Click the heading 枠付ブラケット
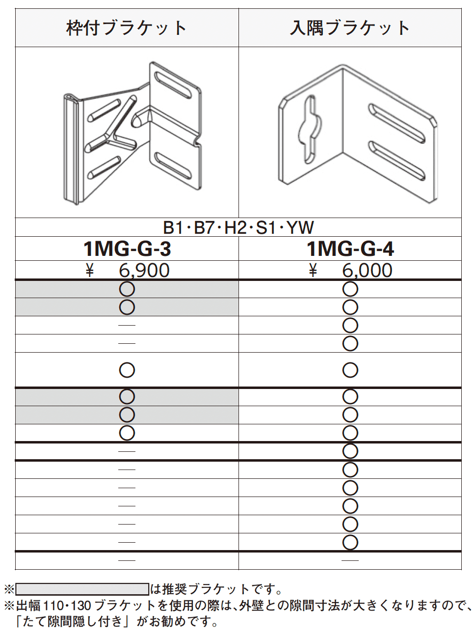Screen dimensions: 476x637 (x=127, y=28)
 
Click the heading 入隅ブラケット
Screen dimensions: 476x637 (x=349, y=28)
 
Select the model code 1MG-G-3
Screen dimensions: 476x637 (x=127, y=249)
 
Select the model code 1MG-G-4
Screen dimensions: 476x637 (x=350, y=249)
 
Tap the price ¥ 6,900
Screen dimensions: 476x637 (x=128, y=270)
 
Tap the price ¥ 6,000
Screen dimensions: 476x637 (x=351, y=270)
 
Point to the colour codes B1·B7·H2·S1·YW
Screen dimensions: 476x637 (x=238, y=227)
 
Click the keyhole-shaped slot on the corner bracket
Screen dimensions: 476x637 (x=310, y=129)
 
